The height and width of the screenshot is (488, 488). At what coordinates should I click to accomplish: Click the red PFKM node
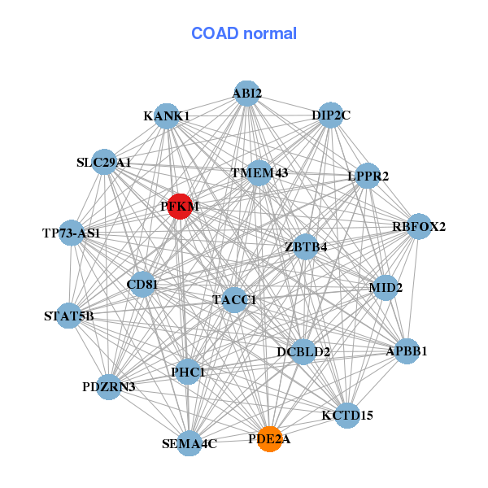(180, 207)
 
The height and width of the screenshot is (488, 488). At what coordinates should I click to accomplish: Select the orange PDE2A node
(269, 439)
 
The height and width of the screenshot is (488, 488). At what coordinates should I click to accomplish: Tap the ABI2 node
(246, 94)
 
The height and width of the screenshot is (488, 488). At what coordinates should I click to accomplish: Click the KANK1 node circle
(166, 116)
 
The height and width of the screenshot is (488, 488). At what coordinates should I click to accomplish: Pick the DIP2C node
(330, 115)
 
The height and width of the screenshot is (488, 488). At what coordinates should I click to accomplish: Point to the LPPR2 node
(368, 176)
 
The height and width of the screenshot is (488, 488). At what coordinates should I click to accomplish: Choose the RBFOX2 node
(419, 226)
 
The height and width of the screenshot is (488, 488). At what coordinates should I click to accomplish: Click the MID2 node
(385, 287)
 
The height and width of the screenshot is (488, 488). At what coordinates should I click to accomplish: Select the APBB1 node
(406, 351)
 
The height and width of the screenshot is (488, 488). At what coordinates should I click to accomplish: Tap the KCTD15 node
(347, 415)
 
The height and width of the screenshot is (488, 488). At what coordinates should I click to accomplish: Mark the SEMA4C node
(189, 443)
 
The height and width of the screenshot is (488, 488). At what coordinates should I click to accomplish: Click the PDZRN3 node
(109, 386)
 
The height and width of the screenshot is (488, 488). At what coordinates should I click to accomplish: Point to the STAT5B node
(69, 316)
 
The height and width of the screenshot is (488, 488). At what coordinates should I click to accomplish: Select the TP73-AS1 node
(72, 233)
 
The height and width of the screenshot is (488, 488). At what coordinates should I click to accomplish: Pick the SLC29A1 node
(104, 163)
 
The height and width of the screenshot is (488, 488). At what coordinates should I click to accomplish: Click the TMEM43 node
(259, 173)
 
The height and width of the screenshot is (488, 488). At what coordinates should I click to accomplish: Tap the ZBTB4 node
(306, 246)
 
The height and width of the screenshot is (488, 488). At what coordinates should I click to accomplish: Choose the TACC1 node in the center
(234, 300)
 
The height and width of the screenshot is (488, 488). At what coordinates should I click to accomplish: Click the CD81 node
(142, 284)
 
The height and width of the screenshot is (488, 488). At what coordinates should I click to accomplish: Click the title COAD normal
(244, 34)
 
